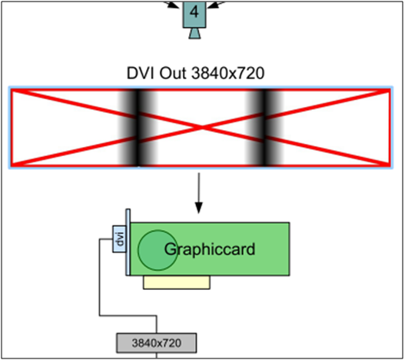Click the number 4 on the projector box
(194, 12)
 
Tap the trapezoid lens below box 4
(194, 33)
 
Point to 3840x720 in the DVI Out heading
(228, 73)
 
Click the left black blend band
(137, 127)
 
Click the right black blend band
(264, 127)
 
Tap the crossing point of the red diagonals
(201, 127)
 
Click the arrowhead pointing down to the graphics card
(198, 208)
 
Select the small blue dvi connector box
(119, 239)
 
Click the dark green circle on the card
(158, 250)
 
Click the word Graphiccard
(210, 249)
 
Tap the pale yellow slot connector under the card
(177, 282)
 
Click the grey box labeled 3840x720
(157, 343)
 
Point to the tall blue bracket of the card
(128, 242)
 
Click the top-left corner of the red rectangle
(12, 90)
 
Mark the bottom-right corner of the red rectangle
(390, 165)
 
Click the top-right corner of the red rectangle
(390, 90)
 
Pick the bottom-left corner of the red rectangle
(12, 165)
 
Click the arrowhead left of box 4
(172, 5)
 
